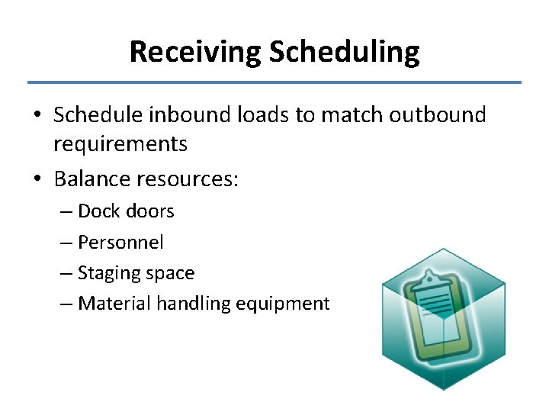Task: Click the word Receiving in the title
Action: pos(195,52)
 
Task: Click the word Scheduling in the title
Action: pos(344,52)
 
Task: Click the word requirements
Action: pos(120,143)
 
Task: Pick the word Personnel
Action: pos(120,243)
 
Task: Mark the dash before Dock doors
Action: pos(66,212)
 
